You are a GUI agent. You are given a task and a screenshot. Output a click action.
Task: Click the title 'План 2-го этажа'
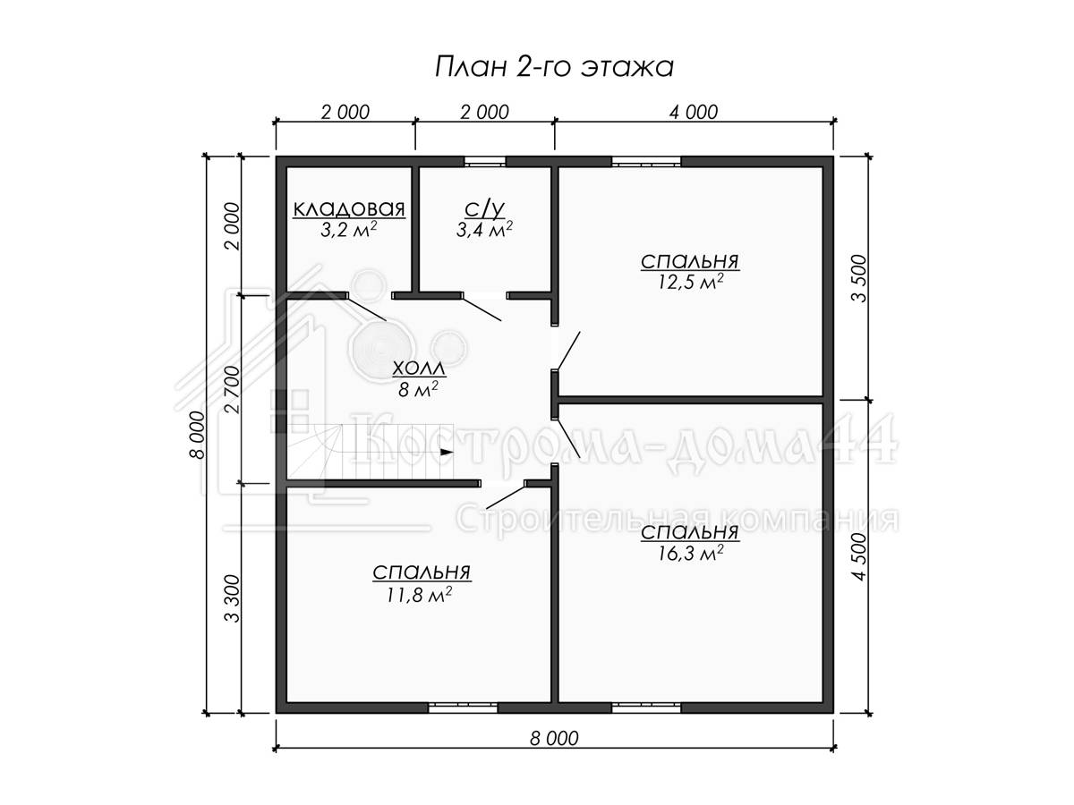point(554,67)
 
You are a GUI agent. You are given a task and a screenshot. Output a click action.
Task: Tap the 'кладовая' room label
point(349,208)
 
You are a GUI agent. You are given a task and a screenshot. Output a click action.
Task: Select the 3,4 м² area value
point(484,229)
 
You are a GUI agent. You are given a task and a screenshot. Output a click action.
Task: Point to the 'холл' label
point(419,369)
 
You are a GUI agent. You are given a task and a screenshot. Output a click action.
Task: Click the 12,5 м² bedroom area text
point(690,282)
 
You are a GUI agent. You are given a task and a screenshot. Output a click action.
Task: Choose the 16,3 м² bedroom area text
point(690,554)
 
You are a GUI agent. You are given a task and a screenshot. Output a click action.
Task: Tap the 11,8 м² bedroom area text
point(420,595)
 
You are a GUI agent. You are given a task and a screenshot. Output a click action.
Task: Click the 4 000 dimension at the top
point(694,113)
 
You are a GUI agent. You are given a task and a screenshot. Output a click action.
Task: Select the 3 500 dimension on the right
point(860,278)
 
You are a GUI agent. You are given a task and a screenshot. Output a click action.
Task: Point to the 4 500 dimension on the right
point(860,556)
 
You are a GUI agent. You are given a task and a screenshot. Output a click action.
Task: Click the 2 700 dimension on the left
point(234,390)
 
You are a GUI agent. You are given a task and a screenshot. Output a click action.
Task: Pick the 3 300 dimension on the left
point(234,598)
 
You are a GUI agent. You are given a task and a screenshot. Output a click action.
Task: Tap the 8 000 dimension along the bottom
point(554,739)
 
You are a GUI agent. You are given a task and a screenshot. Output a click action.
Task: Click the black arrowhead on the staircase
point(447,452)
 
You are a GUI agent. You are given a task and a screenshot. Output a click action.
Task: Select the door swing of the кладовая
point(366,309)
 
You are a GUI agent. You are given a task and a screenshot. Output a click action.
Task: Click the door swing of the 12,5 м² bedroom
point(569,351)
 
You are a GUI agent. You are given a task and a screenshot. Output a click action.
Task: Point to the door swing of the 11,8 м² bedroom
point(506,495)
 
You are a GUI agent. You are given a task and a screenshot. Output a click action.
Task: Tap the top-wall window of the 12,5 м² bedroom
point(646,162)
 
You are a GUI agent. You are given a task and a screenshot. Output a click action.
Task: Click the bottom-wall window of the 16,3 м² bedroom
point(646,708)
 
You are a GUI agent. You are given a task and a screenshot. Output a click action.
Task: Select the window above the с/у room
point(484,162)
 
